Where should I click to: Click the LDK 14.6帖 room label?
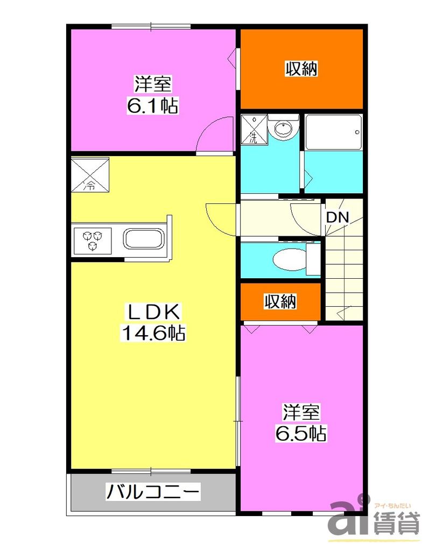click(x=152, y=322)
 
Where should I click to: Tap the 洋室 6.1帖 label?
click(x=152, y=95)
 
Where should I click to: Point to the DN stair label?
click(x=337, y=217)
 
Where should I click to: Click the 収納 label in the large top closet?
click(x=300, y=69)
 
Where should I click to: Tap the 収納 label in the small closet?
click(x=280, y=302)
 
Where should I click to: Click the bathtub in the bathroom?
click(x=333, y=132)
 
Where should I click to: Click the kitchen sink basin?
click(x=144, y=239)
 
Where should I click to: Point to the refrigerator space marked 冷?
click(x=90, y=174)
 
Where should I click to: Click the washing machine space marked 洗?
click(x=254, y=129)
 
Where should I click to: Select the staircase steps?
click(x=343, y=274)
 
